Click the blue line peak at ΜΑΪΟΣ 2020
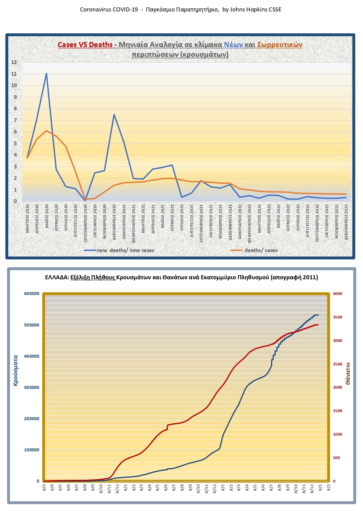(x=46, y=74)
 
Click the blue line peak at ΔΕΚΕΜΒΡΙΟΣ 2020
(x=114, y=115)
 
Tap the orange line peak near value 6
(x=46, y=131)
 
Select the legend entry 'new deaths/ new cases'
(x=125, y=250)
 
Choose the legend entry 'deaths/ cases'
(x=261, y=250)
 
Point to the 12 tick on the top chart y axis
(x=14, y=62)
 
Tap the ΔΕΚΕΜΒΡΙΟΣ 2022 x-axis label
(x=346, y=222)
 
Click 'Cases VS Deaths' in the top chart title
(x=85, y=44)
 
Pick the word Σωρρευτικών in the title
(x=280, y=44)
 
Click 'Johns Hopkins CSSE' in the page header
(x=255, y=10)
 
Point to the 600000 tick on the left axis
(x=32, y=293)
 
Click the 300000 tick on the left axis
(x=32, y=387)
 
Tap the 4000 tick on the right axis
(x=337, y=293)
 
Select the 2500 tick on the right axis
(x=337, y=364)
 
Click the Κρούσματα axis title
(x=15, y=370)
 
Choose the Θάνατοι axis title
(x=348, y=373)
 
